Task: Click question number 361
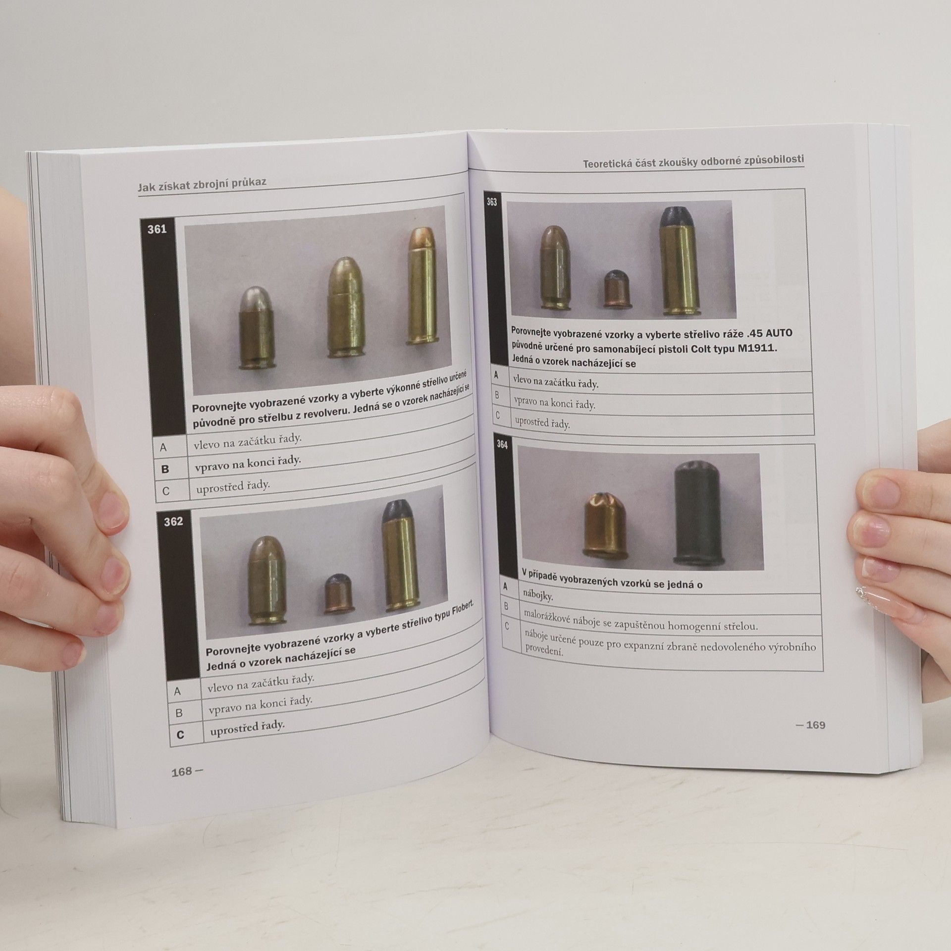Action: point(157,229)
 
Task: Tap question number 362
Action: point(173,522)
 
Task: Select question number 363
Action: point(491,202)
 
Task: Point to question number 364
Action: point(502,445)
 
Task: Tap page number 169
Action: point(815,725)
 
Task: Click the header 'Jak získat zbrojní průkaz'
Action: point(202,183)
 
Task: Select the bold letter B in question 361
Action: point(165,469)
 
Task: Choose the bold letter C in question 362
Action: point(180,735)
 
